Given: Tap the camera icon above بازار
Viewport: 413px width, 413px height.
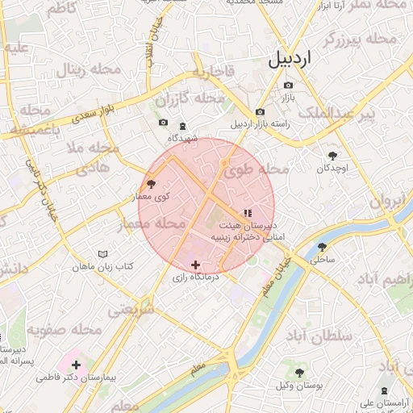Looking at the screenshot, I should point(288,85).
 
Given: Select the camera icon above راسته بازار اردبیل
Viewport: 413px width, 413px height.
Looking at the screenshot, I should point(260,112).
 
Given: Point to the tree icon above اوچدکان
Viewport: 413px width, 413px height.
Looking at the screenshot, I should point(332,156).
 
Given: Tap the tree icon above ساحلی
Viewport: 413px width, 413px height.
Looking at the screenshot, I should point(322,248).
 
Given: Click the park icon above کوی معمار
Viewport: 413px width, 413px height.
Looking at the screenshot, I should point(151,185).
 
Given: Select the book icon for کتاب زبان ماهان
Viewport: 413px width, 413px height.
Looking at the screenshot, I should point(102,254).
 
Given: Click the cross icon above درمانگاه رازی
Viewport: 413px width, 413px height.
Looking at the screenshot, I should point(195,265).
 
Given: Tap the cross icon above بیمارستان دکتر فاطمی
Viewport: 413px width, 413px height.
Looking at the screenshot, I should point(77,365).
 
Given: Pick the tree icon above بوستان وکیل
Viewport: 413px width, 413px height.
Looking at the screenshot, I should point(299,373).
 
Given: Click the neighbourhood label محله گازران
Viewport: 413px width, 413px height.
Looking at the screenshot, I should point(189,100).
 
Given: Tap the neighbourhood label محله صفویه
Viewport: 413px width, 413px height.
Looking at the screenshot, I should point(65,330).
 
